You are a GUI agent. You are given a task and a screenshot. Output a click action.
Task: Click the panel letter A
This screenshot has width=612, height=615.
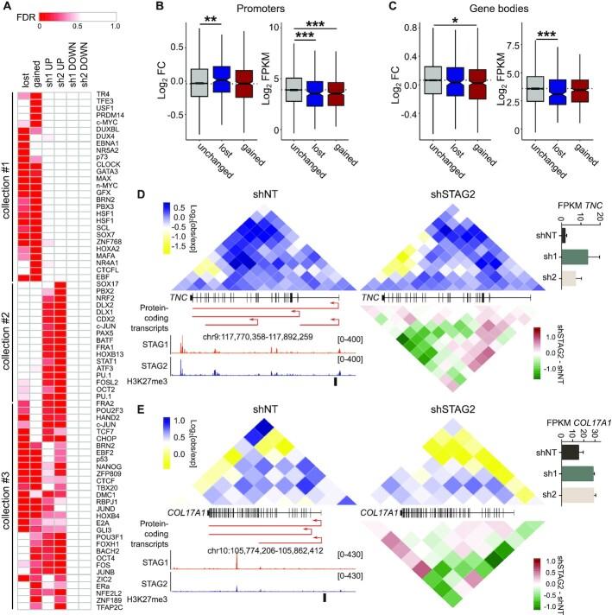(6, 7)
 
